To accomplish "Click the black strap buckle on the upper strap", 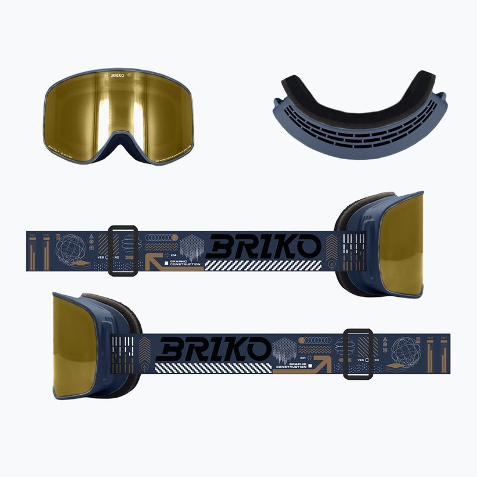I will [x=124, y=250].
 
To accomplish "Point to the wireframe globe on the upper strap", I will [x=70, y=247].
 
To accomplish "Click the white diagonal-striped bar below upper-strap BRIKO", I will [x=262, y=265].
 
